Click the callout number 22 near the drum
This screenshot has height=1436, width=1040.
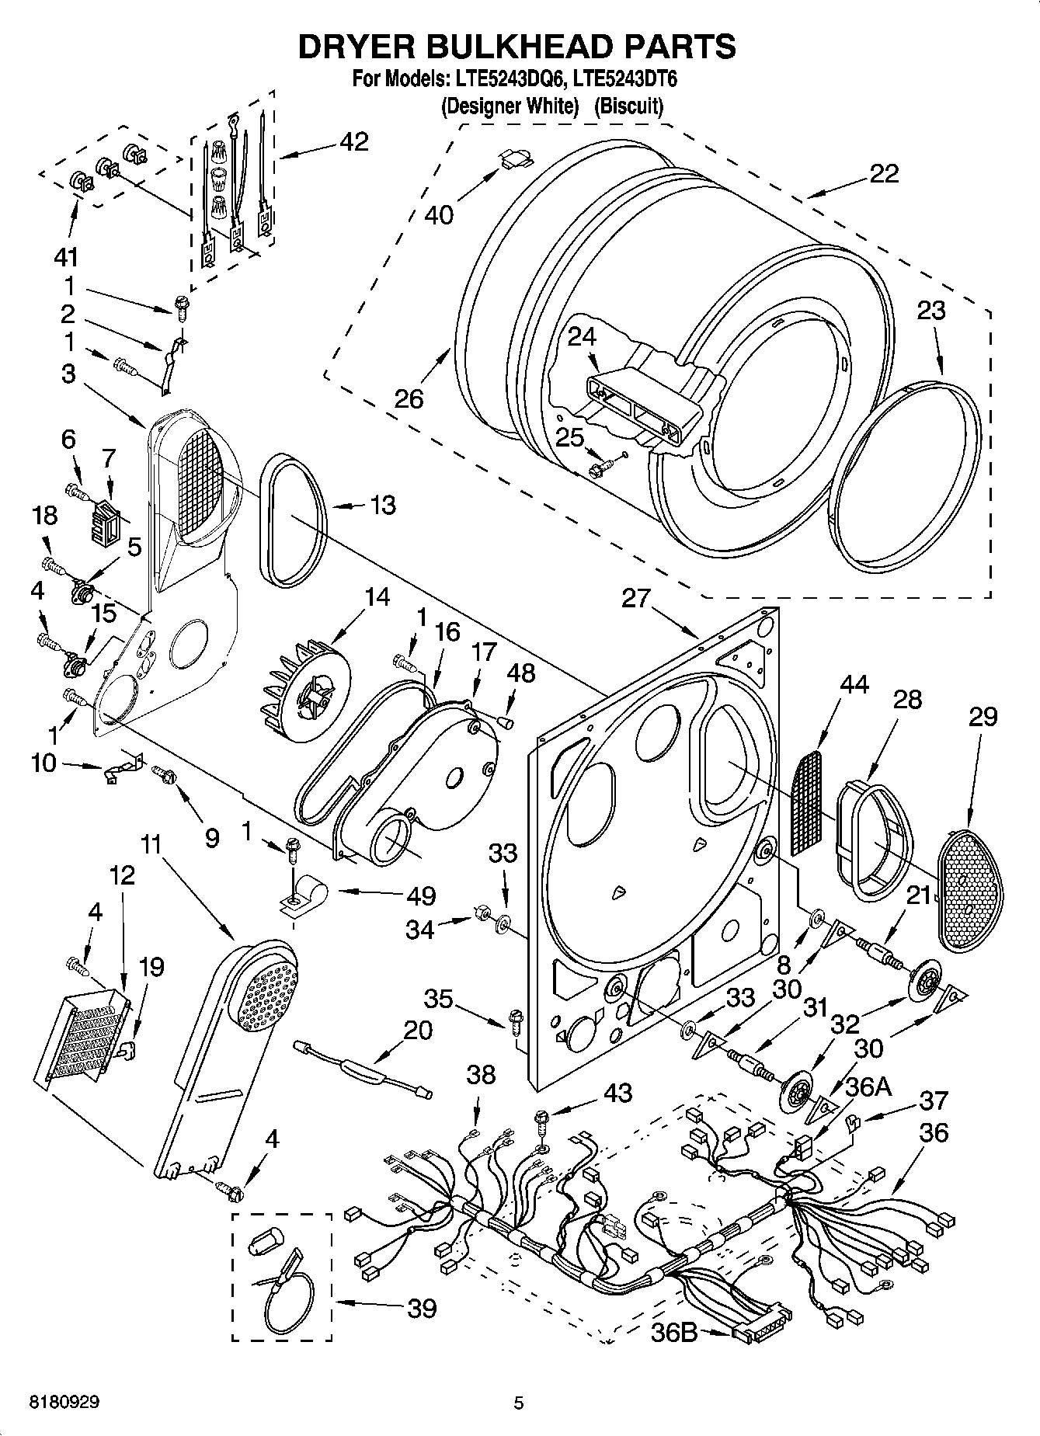pos(883,173)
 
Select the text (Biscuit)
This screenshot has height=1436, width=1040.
pos(628,106)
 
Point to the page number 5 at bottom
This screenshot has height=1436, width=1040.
pos(518,1403)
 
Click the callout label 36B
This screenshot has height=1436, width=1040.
pos(673,1333)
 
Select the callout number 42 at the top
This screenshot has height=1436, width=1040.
pos(353,142)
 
